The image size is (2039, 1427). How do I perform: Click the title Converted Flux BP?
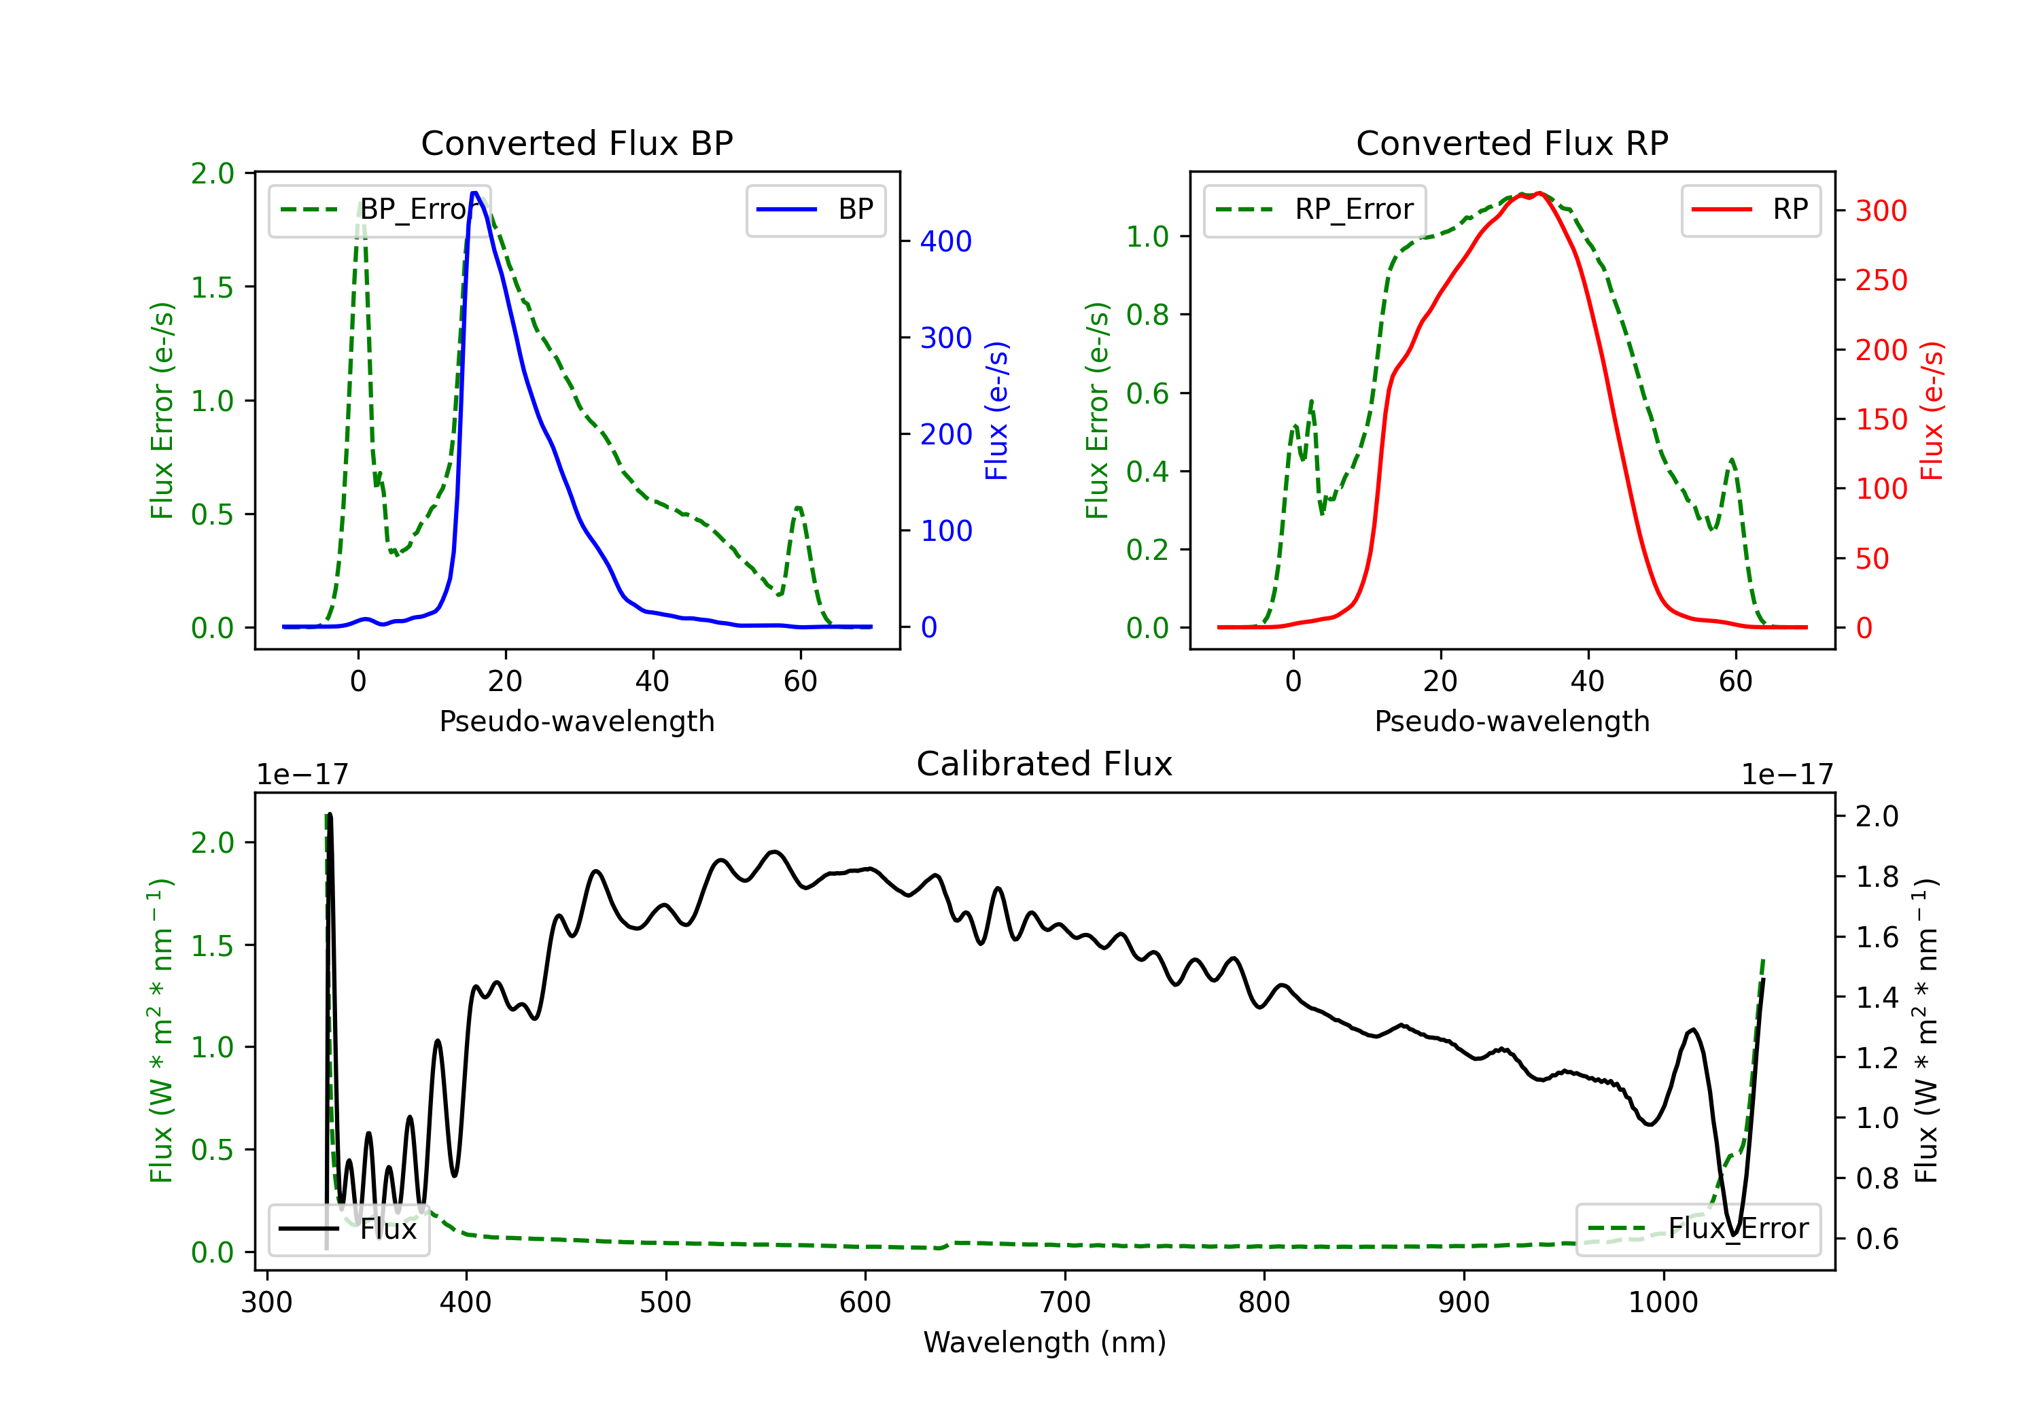[x=576, y=143]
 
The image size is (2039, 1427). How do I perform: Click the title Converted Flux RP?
[x=1512, y=143]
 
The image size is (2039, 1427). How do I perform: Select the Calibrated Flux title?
[x=1045, y=764]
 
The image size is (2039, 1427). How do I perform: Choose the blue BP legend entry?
[x=815, y=209]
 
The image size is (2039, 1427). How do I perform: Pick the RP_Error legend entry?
[x=1314, y=209]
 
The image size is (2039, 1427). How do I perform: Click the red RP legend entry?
[x=1749, y=209]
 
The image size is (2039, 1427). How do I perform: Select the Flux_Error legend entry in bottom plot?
[x=1698, y=1229]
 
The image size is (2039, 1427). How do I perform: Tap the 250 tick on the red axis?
[x=1881, y=281]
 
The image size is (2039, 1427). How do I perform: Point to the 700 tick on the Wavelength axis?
[x=1065, y=1303]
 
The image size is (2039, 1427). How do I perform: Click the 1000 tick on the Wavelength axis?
[x=1663, y=1303]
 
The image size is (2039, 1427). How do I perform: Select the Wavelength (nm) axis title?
[x=1045, y=1343]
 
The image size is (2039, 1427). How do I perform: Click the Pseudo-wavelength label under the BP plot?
[x=576, y=721]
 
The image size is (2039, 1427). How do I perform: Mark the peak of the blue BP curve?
[x=475, y=193]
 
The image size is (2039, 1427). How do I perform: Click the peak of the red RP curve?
[x=1538, y=193]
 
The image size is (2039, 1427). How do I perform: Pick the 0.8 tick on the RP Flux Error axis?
[x=1147, y=315]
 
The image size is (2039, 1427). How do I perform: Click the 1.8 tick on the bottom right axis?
[x=1877, y=877]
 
